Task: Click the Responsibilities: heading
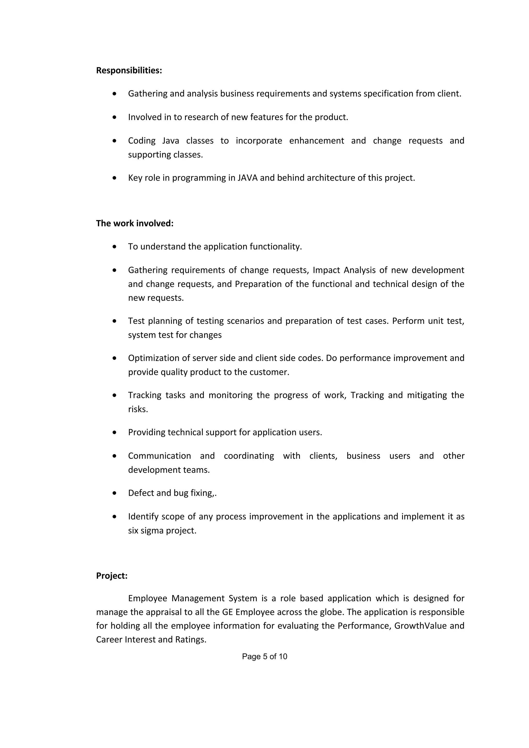(x=129, y=70)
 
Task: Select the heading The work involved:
(x=135, y=223)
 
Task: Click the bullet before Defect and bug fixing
(x=114, y=493)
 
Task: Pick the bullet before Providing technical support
(x=114, y=433)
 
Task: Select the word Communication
(x=159, y=456)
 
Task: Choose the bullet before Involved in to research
(x=114, y=117)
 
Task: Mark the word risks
(x=138, y=409)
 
